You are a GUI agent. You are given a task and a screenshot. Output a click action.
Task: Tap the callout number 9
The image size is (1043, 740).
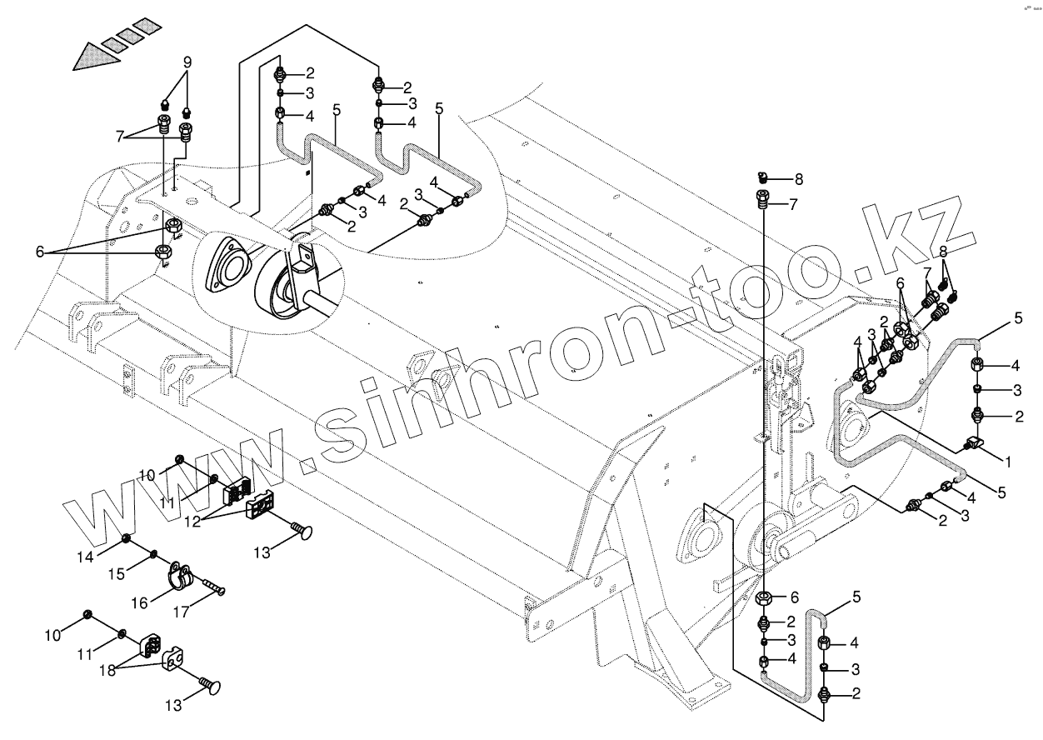coord(187,62)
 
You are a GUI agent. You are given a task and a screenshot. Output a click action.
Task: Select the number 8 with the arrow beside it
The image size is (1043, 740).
coord(799,178)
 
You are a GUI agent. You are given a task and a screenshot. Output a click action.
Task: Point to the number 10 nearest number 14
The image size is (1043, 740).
coord(147,476)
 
